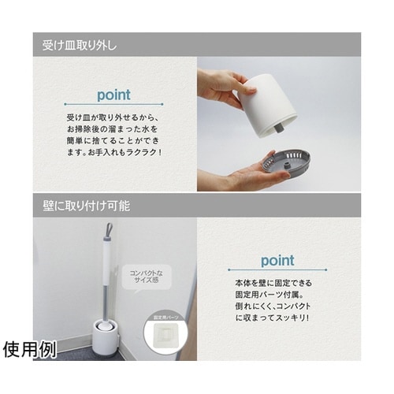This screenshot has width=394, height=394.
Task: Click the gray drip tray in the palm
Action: coord(286,162)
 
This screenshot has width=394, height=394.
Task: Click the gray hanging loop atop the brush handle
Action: coord(108,230)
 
